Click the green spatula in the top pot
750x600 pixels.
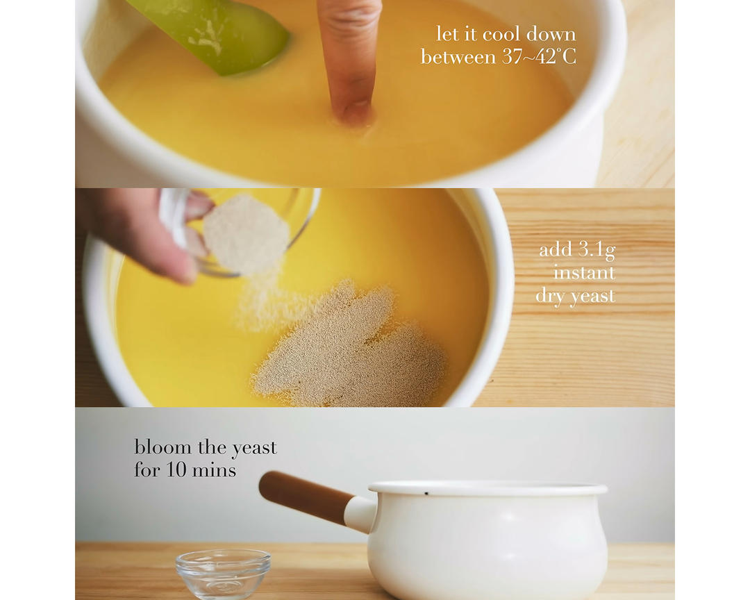(x=215, y=33)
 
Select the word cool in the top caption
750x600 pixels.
(x=501, y=35)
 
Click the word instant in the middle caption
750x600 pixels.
(x=584, y=273)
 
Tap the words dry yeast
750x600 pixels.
(x=575, y=296)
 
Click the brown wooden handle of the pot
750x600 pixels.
(x=305, y=496)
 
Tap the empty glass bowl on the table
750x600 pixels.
(x=224, y=574)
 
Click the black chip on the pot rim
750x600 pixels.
(x=426, y=492)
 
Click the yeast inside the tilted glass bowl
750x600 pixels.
(x=245, y=235)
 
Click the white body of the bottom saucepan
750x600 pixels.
(x=488, y=545)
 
